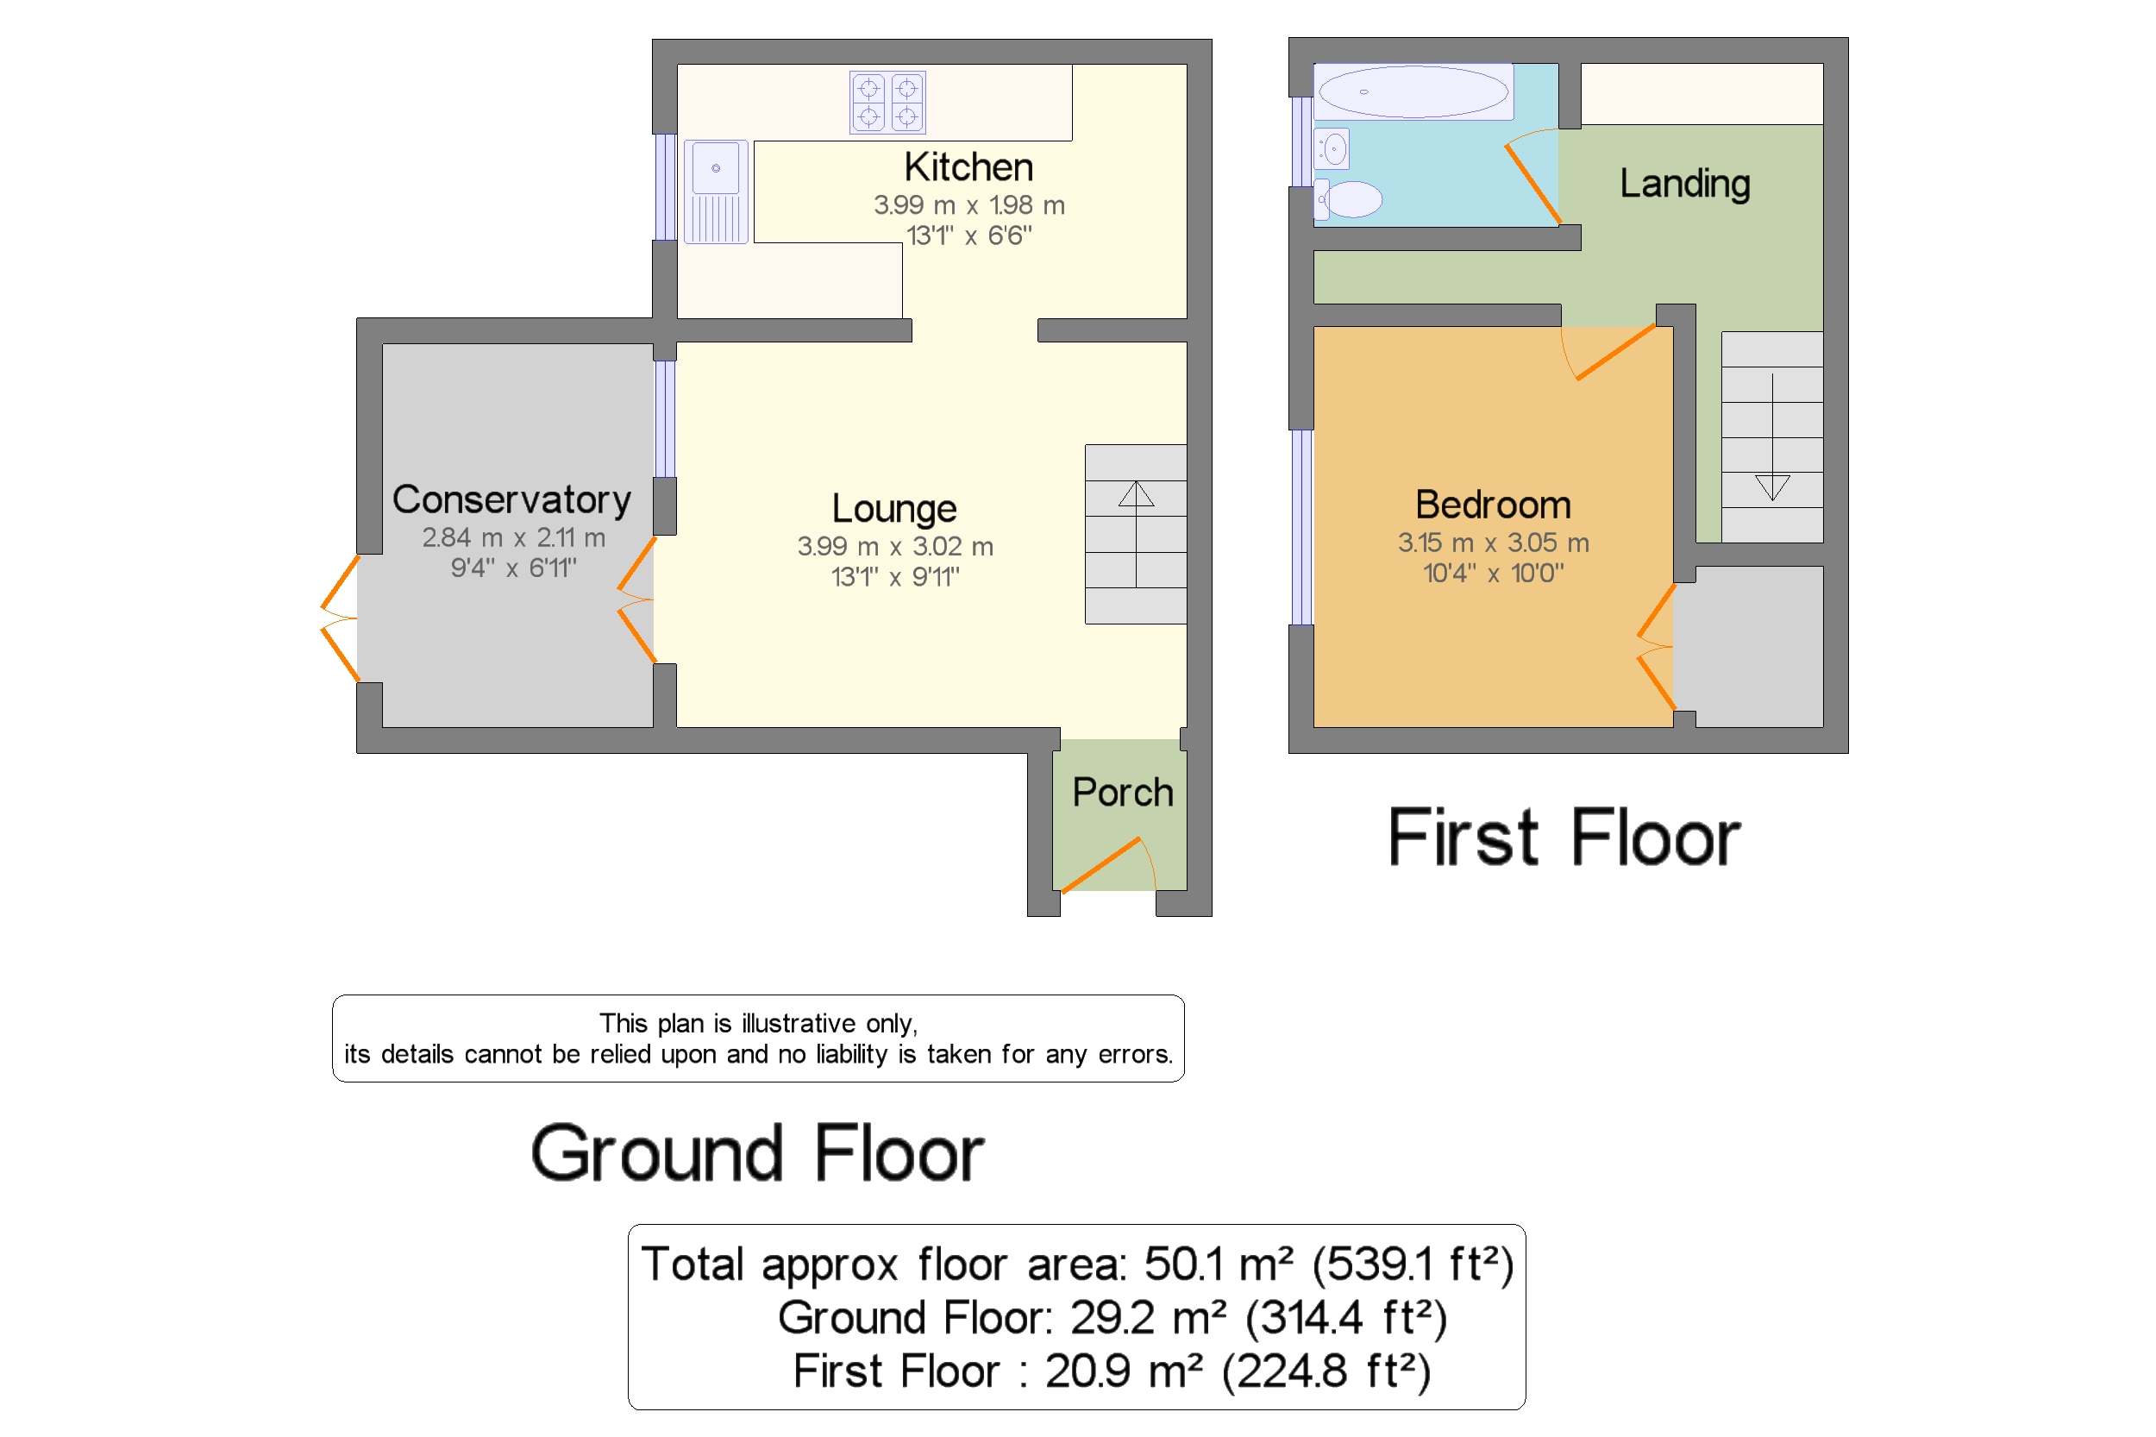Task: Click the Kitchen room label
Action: click(968, 167)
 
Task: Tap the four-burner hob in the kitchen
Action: click(887, 102)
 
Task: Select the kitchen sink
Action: click(716, 191)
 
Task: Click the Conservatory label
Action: click(511, 499)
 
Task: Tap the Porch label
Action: click(1123, 793)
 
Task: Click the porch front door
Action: click(1103, 864)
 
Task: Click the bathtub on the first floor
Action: click(1412, 91)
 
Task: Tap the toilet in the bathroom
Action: click(1348, 199)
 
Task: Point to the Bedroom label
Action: click(1493, 505)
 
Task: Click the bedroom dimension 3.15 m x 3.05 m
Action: click(1493, 543)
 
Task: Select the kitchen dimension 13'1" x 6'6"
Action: click(968, 236)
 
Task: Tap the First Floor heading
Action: click(1564, 838)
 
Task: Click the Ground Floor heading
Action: click(757, 1154)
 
